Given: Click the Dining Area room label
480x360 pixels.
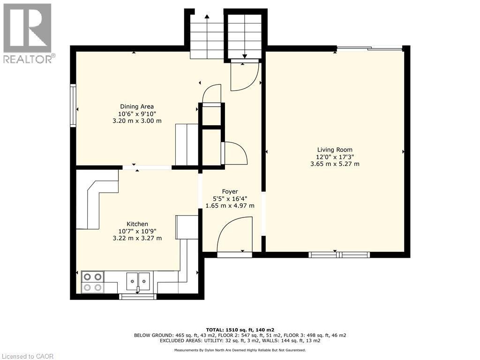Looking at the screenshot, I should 137,106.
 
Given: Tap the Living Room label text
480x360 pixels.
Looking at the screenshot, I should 334,150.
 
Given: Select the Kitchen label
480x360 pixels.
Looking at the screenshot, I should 137,224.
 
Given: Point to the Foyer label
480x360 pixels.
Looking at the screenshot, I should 230,191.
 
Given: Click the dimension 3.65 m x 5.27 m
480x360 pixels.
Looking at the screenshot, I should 334,164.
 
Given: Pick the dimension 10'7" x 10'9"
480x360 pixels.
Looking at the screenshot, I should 137,231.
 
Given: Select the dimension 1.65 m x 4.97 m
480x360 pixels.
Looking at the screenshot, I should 230,205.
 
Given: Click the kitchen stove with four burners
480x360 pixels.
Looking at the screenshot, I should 92,282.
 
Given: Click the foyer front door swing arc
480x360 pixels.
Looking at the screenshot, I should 234,234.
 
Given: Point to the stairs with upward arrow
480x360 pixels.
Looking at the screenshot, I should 206,37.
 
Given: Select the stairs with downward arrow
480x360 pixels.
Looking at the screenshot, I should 245,37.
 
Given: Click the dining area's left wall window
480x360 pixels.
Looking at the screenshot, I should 73,105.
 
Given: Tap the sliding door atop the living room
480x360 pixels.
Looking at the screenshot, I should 369,47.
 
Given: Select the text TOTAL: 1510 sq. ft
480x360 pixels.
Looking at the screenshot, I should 240,330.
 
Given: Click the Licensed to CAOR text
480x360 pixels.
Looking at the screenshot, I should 28,356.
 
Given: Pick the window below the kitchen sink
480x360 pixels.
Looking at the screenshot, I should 138,296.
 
